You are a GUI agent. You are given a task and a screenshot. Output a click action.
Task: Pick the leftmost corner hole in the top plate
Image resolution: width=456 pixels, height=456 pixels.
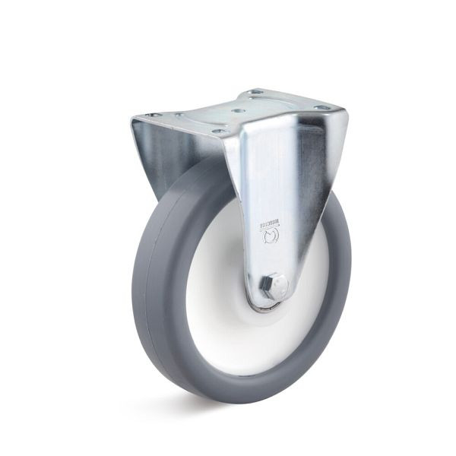tap(150, 115)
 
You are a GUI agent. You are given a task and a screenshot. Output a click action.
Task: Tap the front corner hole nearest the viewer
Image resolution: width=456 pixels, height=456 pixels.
tap(221, 131)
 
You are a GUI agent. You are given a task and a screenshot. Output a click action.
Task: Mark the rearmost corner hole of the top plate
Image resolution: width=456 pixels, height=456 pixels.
tap(254, 93)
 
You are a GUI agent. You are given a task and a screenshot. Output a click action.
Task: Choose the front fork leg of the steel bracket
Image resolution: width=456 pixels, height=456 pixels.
tap(281, 190)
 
